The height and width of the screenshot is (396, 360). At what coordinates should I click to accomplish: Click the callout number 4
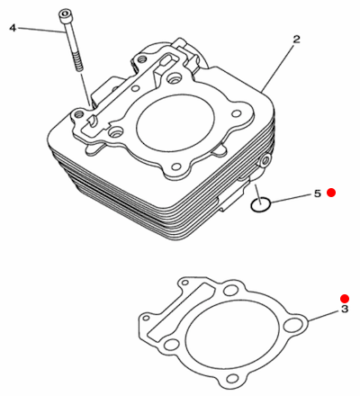pos(13,28)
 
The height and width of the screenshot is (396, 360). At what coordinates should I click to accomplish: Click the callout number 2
pos(296,39)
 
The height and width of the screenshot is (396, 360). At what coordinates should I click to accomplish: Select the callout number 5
pos(318,193)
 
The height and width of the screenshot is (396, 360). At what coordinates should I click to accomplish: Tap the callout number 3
pos(345,309)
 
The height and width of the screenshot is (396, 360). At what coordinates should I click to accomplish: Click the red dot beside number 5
pos(331,193)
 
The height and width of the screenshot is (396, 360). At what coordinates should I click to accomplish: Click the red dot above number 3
pos(345,298)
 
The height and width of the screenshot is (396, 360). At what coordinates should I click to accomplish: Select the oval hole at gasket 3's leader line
pos(292,326)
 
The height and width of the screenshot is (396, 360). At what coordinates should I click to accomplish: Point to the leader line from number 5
pos(291,199)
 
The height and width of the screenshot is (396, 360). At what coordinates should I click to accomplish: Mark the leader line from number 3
pos(324,316)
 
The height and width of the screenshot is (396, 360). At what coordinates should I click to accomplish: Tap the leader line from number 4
pos(41,30)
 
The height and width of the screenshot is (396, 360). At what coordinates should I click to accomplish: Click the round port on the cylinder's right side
pos(265,162)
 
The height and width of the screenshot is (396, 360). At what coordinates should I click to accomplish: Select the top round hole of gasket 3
pos(231,290)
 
